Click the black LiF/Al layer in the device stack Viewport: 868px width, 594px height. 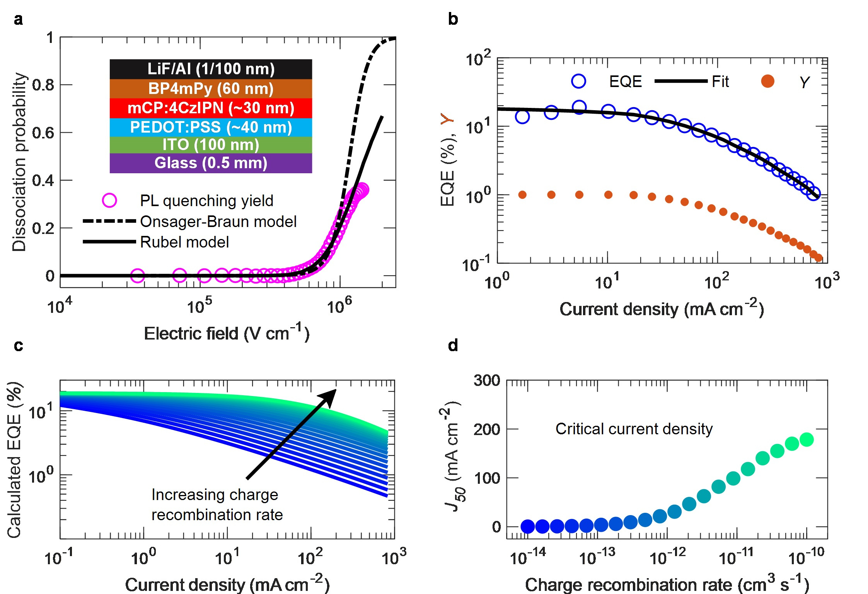(x=211, y=69)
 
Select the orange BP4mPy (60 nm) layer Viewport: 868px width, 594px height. (x=211, y=89)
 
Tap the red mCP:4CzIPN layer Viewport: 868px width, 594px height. (x=211, y=108)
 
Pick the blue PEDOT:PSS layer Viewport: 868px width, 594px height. (x=211, y=127)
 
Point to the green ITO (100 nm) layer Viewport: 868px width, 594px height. (x=211, y=145)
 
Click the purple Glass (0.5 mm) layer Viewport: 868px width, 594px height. (x=211, y=163)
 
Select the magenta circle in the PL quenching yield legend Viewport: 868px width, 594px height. (x=109, y=200)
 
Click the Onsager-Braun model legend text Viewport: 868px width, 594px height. (x=218, y=222)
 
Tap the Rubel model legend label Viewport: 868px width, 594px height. (x=184, y=242)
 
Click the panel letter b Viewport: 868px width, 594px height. (x=453, y=19)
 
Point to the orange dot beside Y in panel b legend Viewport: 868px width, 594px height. (x=767, y=81)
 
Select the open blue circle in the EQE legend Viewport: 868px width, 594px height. (x=578, y=81)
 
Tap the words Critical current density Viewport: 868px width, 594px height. (x=634, y=429)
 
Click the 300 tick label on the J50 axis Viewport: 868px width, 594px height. (x=487, y=381)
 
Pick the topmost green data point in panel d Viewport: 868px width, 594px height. (x=807, y=439)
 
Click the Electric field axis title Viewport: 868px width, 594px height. (x=227, y=333)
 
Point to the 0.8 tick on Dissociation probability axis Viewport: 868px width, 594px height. (x=43, y=85)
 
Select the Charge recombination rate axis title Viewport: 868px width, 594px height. (x=667, y=584)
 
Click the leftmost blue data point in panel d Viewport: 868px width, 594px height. (x=528, y=526)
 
